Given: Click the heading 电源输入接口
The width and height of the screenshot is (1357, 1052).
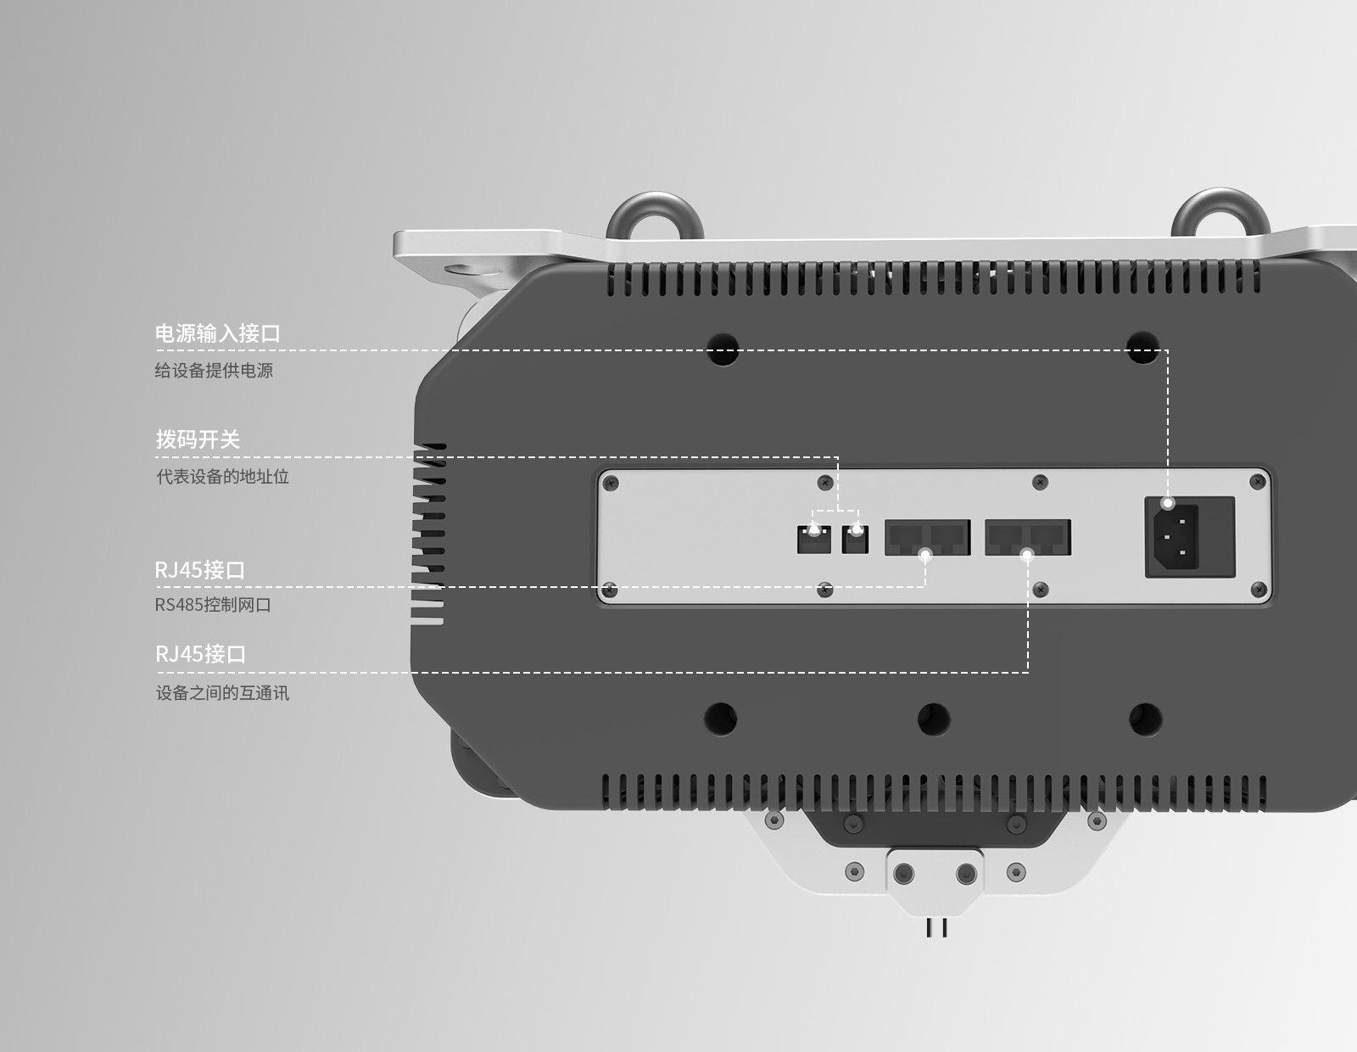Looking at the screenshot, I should pyautogui.click(x=217, y=333).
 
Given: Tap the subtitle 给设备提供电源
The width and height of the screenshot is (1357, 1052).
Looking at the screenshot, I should pyautogui.click(x=214, y=371).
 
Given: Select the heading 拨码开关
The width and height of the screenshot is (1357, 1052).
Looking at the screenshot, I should pyautogui.click(x=198, y=439).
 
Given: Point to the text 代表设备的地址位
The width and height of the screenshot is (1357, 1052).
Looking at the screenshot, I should pyautogui.click(x=222, y=477).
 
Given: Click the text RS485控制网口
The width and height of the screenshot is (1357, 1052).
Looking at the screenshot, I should pyautogui.click(x=213, y=605).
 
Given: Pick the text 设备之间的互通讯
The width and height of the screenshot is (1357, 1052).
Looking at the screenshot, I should pyautogui.click(x=222, y=693).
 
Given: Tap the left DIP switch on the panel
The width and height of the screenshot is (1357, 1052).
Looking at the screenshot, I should pyautogui.click(x=814, y=540).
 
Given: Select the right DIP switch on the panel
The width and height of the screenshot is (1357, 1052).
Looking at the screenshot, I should pyautogui.click(x=856, y=540).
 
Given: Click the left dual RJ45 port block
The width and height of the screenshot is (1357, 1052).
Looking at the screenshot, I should pyautogui.click(x=927, y=538).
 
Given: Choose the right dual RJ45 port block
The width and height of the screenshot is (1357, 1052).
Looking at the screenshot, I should pyautogui.click(x=1027, y=538).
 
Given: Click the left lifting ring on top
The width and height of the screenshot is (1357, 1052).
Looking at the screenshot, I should pyautogui.click(x=654, y=215).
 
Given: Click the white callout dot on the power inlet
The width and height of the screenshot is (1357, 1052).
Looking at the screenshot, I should pyautogui.click(x=1168, y=503).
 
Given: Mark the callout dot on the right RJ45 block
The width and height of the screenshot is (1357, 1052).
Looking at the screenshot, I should pyautogui.click(x=1027, y=556).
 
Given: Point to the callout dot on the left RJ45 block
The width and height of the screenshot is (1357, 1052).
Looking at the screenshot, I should pyautogui.click(x=926, y=556).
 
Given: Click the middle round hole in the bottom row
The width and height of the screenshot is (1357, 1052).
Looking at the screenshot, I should pyautogui.click(x=933, y=719).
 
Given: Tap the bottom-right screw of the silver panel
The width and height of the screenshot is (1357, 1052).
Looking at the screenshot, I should pyautogui.click(x=1259, y=587).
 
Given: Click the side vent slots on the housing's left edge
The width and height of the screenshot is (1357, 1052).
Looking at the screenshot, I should pyautogui.click(x=429, y=534).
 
